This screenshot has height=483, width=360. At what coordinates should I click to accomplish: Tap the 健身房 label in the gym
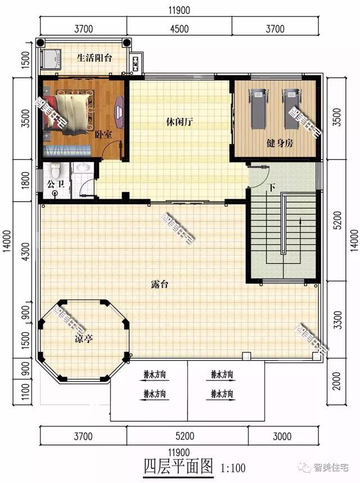point(280,143)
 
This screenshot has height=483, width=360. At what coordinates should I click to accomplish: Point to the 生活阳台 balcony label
point(95,57)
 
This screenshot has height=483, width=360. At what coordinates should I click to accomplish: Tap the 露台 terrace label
point(159,284)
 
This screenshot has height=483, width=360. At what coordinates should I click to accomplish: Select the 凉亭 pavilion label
point(84,339)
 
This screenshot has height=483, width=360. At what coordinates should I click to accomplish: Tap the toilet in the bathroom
point(55,169)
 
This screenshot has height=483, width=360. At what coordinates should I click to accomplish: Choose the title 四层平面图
point(178,466)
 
